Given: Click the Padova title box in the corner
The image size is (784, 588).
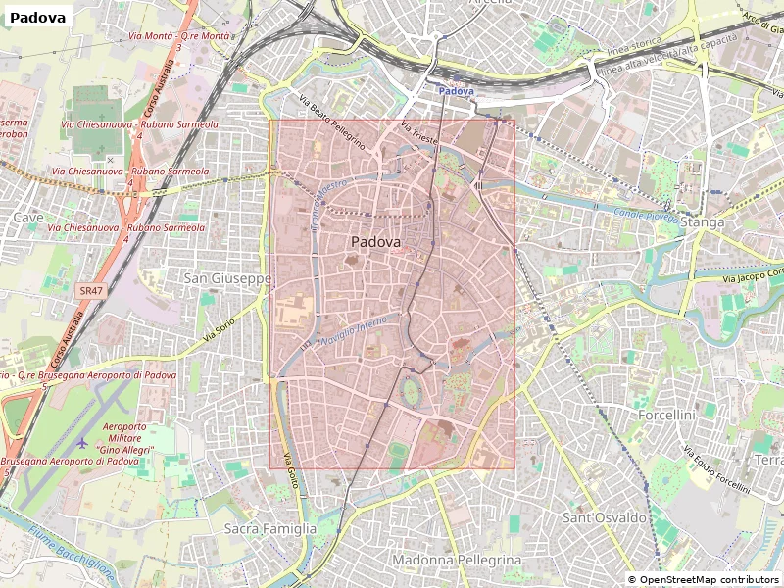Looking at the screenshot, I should coord(39,18).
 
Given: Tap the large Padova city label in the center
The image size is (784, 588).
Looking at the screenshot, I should coord(375,241).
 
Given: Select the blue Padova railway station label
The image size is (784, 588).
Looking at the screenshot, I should coord(455,91).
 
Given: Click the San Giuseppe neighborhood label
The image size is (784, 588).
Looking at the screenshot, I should coord(227,279).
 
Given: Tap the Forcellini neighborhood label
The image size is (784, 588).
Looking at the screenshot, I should coord(665,416).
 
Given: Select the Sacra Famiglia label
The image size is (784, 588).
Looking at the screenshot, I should coord(270,528).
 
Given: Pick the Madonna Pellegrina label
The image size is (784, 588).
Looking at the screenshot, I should coord(457,560).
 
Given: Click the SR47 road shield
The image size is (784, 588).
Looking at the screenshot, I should coord(91,291).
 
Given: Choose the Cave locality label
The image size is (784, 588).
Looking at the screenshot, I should coord(28,218).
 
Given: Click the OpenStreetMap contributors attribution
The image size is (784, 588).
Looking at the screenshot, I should coord(704,580).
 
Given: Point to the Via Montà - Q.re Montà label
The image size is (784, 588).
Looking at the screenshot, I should coord(180,36).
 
